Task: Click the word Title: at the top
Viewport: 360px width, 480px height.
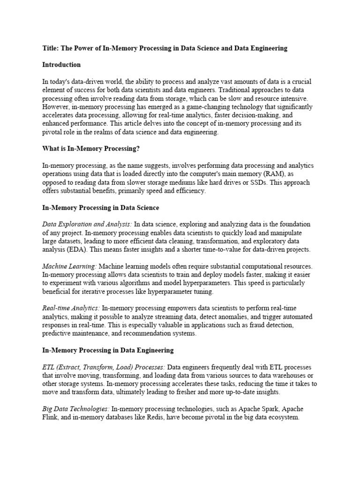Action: point(50,48)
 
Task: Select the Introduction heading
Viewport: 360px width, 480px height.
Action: point(61,65)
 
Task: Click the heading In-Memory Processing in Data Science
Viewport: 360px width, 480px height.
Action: point(101,207)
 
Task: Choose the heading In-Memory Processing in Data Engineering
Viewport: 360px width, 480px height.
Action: point(108,350)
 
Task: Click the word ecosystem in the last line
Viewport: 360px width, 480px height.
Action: point(282,417)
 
